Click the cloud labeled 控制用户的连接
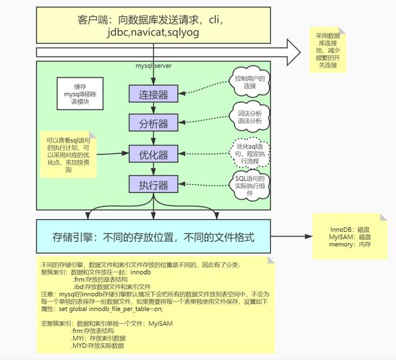(x=249, y=82)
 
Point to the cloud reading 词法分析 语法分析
(x=249, y=117)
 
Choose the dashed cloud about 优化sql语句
(x=249, y=152)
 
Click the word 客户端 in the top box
(x=98, y=20)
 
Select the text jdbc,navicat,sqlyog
(x=148, y=35)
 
